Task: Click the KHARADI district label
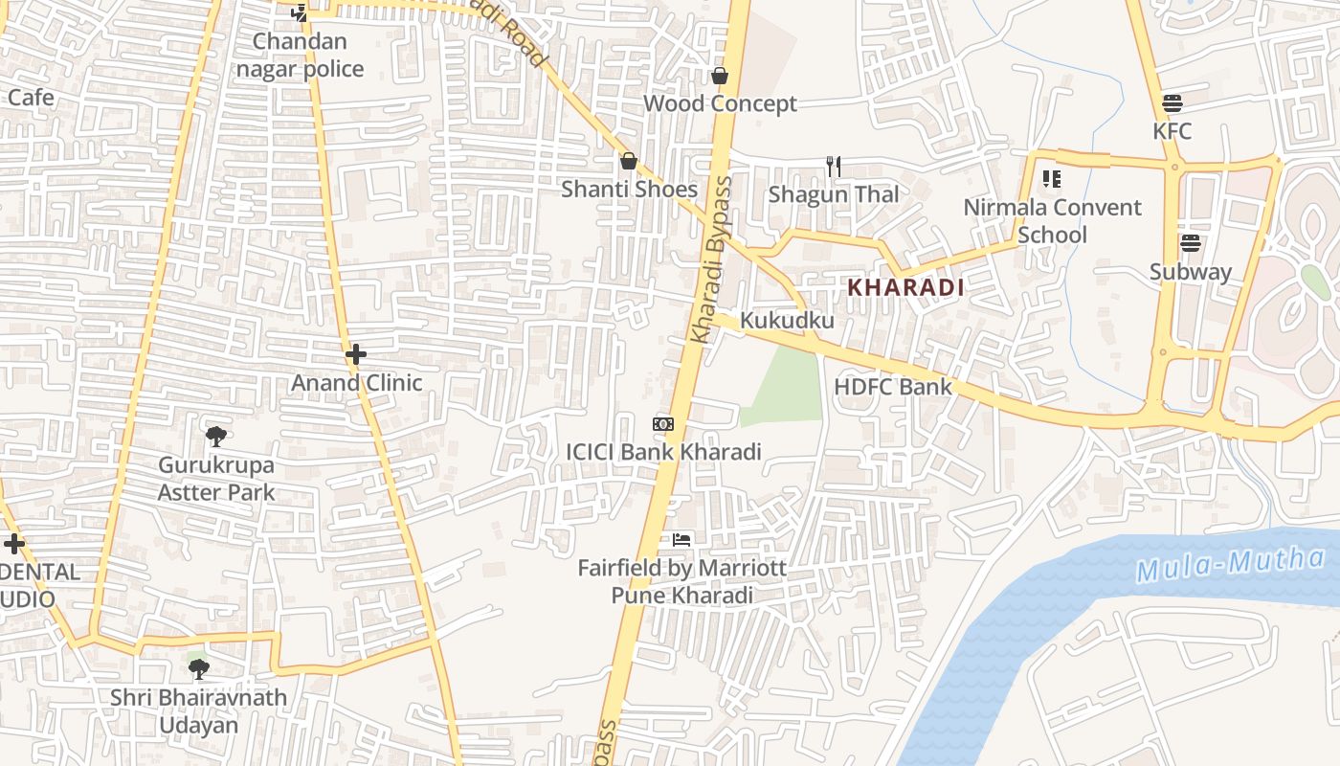(x=905, y=287)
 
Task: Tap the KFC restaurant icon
(x=1172, y=103)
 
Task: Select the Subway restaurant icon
(x=1191, y=243)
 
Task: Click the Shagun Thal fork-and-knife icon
(x=834, y=167)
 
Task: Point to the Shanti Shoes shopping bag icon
(x=629, y=161)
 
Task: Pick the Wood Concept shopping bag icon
(x=720, y=76)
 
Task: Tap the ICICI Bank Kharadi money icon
(x=663, y=423)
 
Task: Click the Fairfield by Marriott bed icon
(x=681, y=540)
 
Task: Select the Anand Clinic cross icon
(x=356, y=354)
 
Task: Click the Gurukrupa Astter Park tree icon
(x=216, y=437)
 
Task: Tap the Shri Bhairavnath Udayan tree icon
(x=198, y=668)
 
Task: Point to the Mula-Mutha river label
(x=1231, y=565)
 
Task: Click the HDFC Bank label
(x=893, y=387)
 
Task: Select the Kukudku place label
(x=788, y=321)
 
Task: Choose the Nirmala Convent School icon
(x=1052, y=179)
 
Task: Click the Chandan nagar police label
(x=301, y=56)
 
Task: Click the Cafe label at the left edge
(x=31, y=98)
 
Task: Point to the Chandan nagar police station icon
(x=301, y=13)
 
